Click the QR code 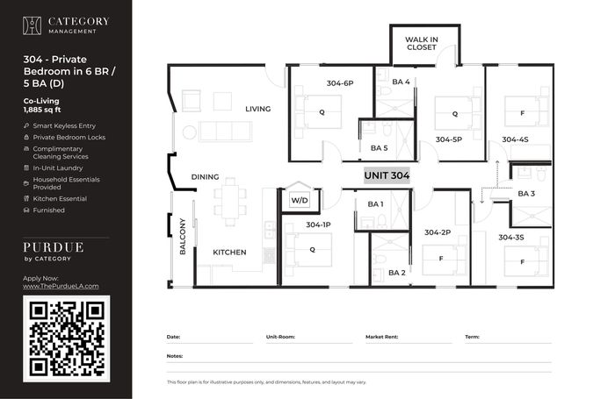(x=66, y=338)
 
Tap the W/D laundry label (x=300, y=201)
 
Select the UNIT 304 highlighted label (x=387, y=175)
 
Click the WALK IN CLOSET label (x=421, y=44)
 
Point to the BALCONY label (x=183, y=237)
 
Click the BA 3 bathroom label (x=526, y=194)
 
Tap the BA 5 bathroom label (x=379, y=148)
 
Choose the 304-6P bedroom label (x=340, y=83)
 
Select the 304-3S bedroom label (x=510, y=238)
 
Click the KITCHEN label (x=229, y=253)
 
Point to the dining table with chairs (x=230, y=202)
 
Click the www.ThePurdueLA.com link (x=61, y=286)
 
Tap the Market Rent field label (x=381, y=337)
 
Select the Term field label (x=473, y=337)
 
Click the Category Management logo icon (x=32, y=25)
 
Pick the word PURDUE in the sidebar (x=54, y=247)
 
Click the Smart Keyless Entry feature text (x=64, y=125)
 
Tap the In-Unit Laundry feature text (x=58, y=168)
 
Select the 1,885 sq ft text (x=42, y=110)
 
